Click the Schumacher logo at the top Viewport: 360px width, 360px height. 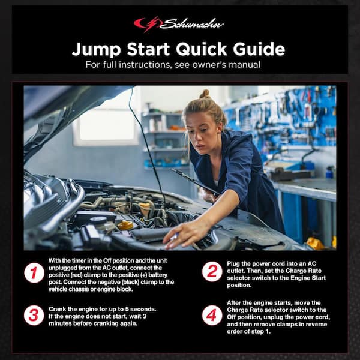pos(179,24)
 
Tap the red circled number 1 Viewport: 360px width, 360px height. pos(34,273)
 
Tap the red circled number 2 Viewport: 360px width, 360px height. pos(212,271)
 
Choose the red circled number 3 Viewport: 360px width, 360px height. pos(34,315)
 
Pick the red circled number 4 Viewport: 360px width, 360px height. pos(212,315)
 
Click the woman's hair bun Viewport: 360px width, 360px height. pos(205,94)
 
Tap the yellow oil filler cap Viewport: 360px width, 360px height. pos(125,225)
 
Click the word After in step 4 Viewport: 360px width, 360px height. pos(238,303)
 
